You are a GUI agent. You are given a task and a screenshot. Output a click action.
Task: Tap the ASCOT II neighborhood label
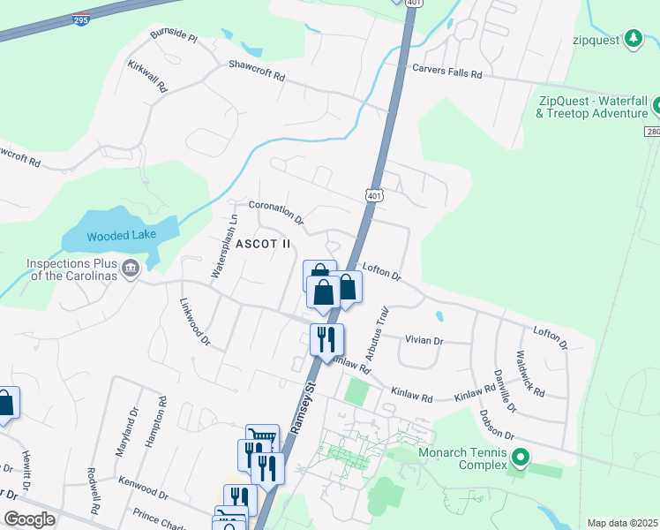262,243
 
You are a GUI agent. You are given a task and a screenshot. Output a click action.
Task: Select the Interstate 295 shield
81,18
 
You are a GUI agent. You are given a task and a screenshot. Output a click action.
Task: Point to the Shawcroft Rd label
257,71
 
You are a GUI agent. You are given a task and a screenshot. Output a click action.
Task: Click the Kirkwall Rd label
147,77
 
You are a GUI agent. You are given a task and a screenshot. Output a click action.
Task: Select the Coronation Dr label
276,211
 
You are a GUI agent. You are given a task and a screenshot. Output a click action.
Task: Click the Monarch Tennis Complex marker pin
521,458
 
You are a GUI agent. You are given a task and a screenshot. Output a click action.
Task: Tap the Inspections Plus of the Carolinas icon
131,267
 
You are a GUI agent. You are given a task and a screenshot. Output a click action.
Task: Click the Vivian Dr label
424,340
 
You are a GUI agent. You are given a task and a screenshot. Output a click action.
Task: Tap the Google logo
29,519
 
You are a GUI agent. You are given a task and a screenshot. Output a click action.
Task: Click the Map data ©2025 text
623,523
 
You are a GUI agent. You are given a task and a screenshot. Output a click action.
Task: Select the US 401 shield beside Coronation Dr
372,193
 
